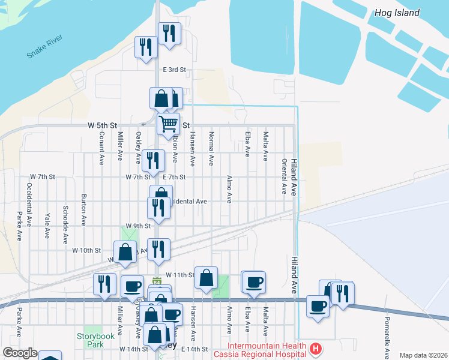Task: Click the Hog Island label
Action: tap(397, 13)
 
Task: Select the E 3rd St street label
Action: tap(174, 70)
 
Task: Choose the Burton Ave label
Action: tap(83, 208)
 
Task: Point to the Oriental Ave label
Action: tap(284, 177)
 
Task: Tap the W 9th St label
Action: tap(138, 226)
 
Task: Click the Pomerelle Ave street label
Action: tap(387, 337)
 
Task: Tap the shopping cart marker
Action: tap(169, 124)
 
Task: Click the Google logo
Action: tap(20, 353)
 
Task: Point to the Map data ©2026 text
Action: tap(423, 355)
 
